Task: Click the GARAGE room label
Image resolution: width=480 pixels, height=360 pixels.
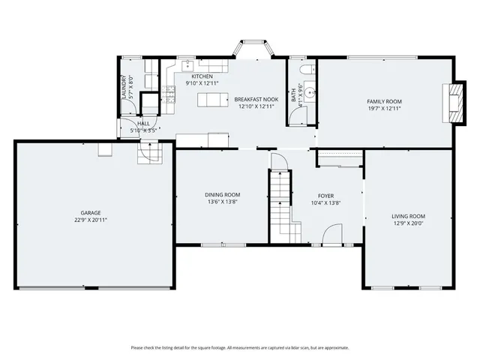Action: [x=91, y=213]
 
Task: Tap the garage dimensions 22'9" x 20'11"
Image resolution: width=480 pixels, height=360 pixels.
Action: [x=91, y=220]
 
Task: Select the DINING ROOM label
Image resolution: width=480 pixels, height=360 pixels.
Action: [x=222, y=195]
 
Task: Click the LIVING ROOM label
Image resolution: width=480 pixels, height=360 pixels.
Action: [x=408, y=216]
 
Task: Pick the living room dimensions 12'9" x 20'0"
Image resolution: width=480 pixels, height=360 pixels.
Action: [x=408, y=223]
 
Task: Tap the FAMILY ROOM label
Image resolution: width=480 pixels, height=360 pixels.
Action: [x=384, y=101]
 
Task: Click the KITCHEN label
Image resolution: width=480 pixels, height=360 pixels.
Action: [x=202, y=76]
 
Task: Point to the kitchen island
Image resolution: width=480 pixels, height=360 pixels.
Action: [x=215, y=100]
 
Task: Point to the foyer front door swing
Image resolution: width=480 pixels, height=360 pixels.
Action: [x=329, y=238]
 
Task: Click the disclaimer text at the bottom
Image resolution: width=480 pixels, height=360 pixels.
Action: [x=240, y=347]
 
